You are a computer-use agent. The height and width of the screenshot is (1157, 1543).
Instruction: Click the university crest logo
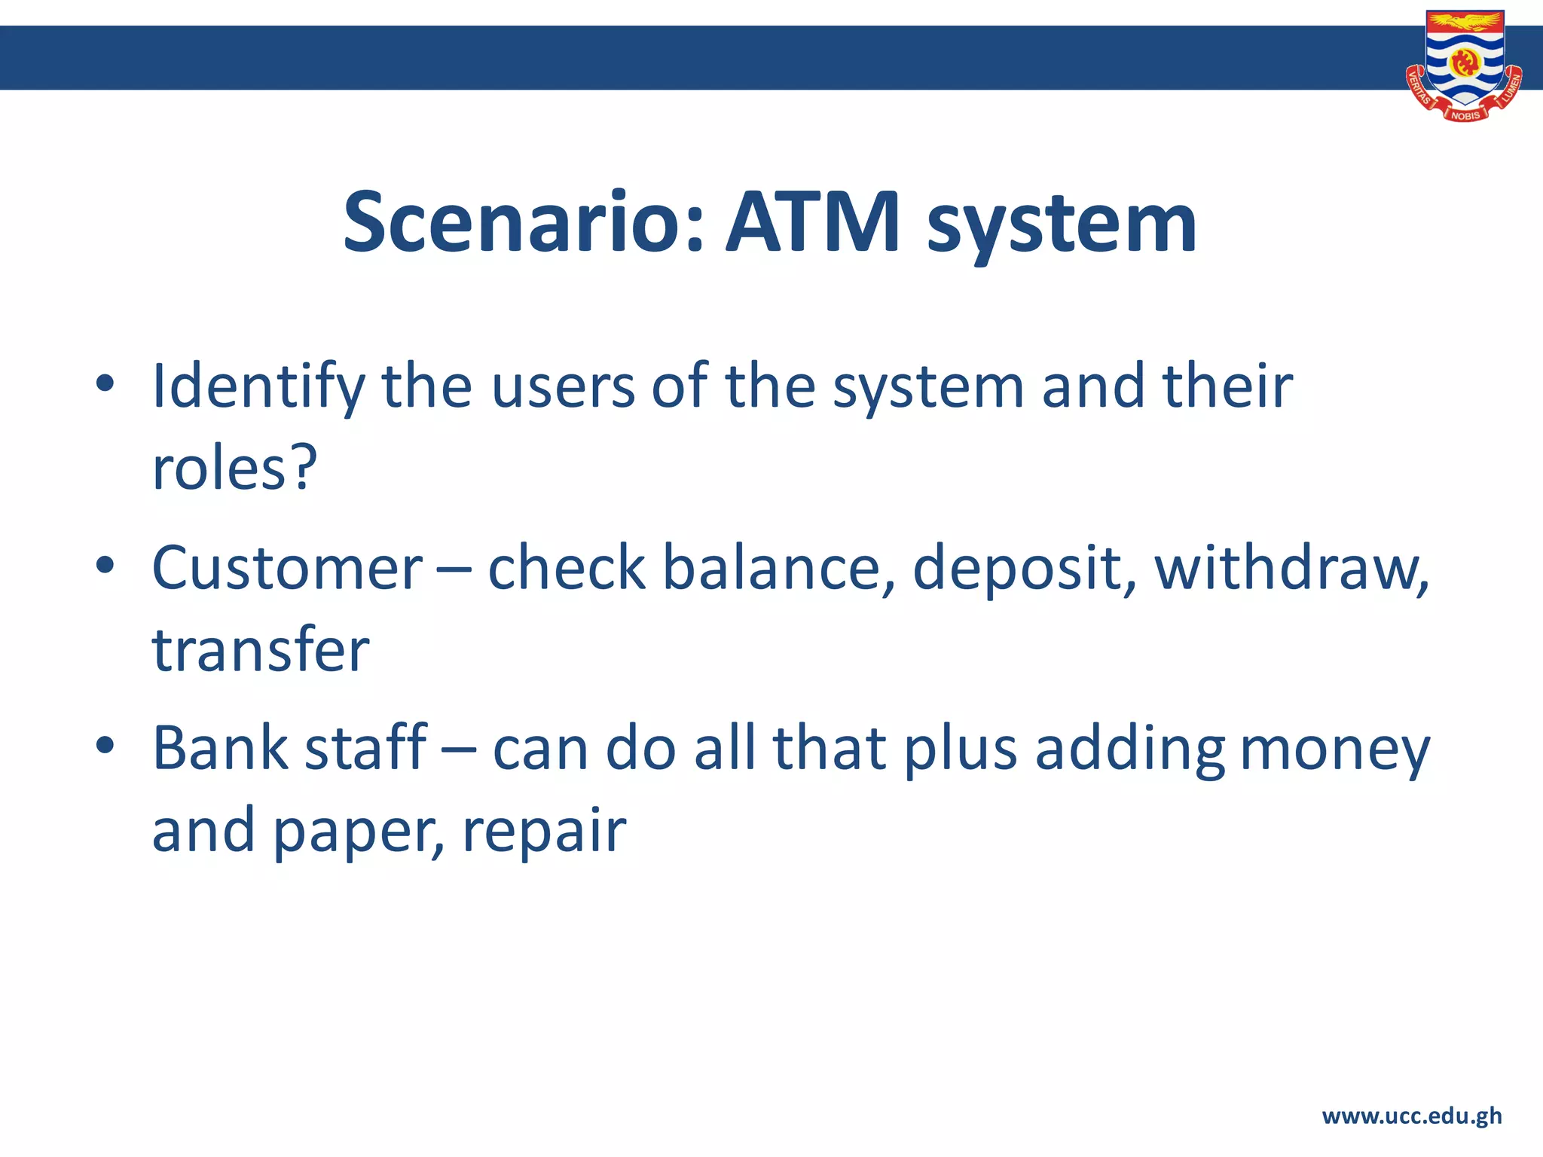pyautogui.click(x=1464, y=65)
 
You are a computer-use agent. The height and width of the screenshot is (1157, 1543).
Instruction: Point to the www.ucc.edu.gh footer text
pyautogui.click(x=1411, y=1116)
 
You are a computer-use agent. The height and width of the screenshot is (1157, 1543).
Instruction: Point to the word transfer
pyautogui.click(x=261, y=649)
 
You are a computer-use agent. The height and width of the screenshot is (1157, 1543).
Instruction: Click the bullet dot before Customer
pyautogui.click(x=105, y=564)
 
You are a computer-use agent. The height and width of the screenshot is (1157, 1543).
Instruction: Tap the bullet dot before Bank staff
pyautogui.click(x=105, y=745)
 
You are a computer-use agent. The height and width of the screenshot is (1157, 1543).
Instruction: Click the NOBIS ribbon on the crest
pyautogui.click(x=1465, y=115)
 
